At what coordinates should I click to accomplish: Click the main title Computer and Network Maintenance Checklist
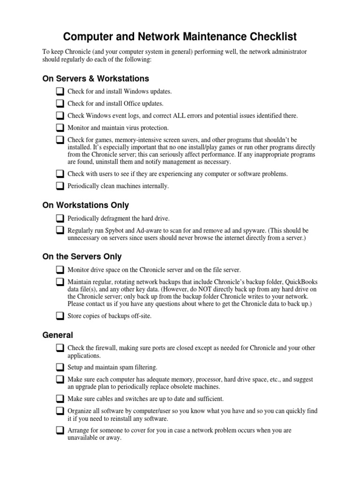pos(180,37)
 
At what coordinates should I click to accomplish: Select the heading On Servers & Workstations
pos(96,78)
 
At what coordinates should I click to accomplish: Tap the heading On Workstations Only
pos(85,205)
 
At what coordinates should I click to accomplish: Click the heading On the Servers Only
pos(82,256)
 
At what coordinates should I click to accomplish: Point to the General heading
pos(58,335)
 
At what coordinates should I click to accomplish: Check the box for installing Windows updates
pos(60,91)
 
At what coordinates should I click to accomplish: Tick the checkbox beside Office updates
pos(60,104)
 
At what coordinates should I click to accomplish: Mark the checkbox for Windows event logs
pos(60,116)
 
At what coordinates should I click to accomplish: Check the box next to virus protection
pos(60,128)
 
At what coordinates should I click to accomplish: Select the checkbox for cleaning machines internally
pos(60,186)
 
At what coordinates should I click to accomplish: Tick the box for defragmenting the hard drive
pos(60,219)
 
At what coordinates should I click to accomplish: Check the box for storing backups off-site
pos(60,316)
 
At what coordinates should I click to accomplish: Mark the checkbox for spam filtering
pos(60,367)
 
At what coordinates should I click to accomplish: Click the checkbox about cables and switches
pos(60,399)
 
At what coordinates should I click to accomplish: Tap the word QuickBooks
pos(301,282)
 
